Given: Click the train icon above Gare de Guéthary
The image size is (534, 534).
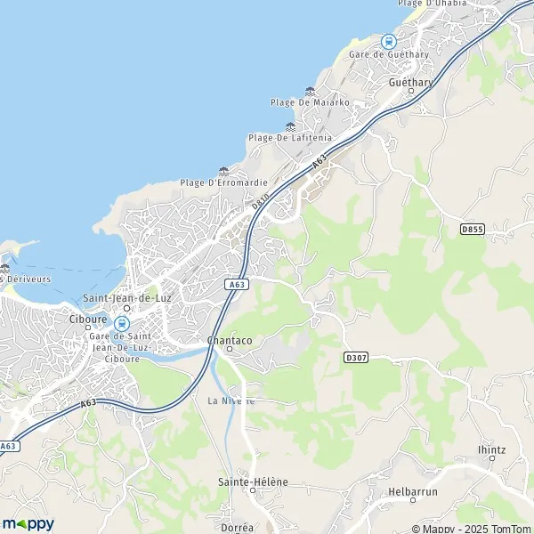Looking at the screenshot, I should pyautogui.click(x=388, y=40).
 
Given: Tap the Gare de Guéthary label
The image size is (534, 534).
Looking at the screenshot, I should pyautogui.click(x=389, y=54).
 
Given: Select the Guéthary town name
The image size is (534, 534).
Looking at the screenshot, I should pyautogui.click(x=410, y=82).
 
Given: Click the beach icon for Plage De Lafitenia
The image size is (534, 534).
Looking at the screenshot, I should pyautogui.click(x=290, y=125).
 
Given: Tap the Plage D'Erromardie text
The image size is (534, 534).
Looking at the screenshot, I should pyautogui.click(x=224, y=183).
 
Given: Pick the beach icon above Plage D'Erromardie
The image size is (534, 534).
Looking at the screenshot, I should pyautogui.click(x=223, y=171).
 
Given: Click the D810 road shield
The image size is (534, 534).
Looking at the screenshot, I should pyautogui.click(x=260, y=203).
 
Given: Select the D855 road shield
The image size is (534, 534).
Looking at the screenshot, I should pyautogui.click(x=473, y=229).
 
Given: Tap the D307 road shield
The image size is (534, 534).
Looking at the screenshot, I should pyautogui.click(x=355, y=356).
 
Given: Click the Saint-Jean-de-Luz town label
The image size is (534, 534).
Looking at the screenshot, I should pyautogui.click(x=126, y=298).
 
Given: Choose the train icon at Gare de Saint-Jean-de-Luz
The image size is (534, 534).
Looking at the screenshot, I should pyautogui.click(x=121, y=324).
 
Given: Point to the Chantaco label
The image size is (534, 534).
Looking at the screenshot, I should pyautogui.click(x=229, y=339).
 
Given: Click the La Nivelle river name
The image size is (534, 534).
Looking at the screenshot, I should pyautogui.click(x=231, y=400).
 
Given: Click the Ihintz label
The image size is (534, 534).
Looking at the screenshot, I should pyautogui.click(x=490, y=449).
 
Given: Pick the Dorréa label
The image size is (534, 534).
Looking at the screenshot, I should pyautogui.click(x=235, y=528).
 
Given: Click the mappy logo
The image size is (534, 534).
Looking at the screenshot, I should pyautogui.click(x=28, y=523).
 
